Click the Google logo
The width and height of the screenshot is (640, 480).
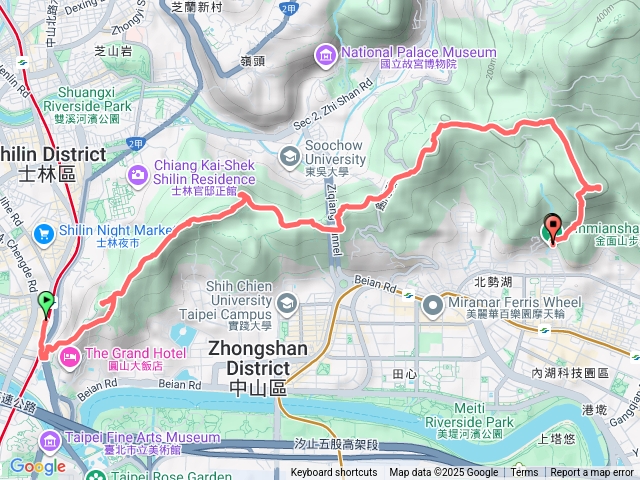[x=37, y=466]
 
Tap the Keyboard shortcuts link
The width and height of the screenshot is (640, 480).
[x=334, y=473]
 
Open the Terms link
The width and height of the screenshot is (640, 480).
[x=524, y=473]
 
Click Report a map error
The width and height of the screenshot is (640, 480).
[x=592, y=473]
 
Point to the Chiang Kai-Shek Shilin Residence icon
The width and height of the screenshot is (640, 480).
[x=137, y=175]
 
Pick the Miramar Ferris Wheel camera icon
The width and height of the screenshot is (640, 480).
[x=433, y=302]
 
